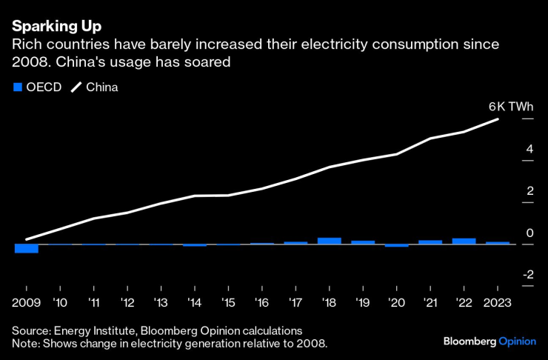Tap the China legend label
[x=102, y=87]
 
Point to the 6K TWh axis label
[x=511, y=107]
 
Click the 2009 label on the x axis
[x=26, y=301]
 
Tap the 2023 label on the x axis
[x=497, y=301]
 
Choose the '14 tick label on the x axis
[x=195, y=301]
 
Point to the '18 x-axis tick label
[x=329, y=301]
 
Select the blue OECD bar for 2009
[x=26, y=248]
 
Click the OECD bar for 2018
[x=329, y=241]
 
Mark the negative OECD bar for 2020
[x=396, y=245]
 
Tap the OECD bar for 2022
[x=464, y=241]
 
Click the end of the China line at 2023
[x=498, y=119]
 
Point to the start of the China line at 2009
[x=27, y=239]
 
